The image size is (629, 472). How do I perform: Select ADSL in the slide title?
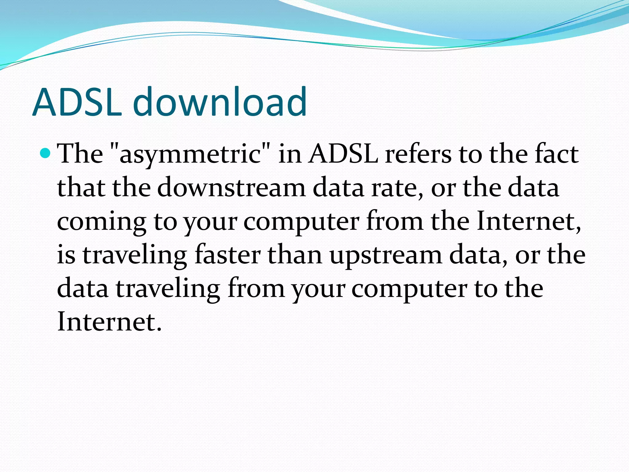tap(77, 102)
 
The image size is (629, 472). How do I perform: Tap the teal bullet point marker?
tap(45, 152)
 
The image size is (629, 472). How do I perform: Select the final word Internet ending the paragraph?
tap(109, 321)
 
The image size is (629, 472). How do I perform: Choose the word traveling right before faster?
tap(135, 256)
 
